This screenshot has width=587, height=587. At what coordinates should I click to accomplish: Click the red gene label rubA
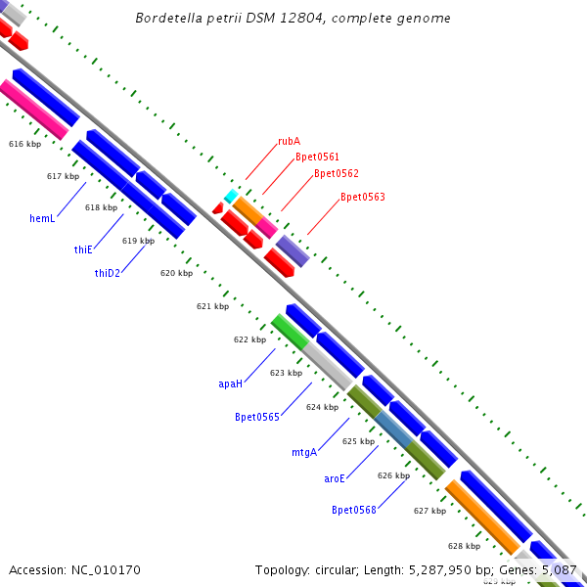(289, 141)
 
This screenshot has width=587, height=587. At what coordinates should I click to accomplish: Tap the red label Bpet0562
(336, 174)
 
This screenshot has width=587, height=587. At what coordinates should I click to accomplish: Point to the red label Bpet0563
(362, 198)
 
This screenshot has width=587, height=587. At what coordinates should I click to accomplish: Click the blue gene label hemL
(42, 218)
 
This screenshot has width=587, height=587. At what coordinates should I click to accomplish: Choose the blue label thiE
(83, 249)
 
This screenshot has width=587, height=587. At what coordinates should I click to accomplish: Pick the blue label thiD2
(108, 273)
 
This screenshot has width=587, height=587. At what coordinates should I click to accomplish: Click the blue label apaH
(230, 384)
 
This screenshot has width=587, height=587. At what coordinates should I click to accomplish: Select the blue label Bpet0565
(257, 417)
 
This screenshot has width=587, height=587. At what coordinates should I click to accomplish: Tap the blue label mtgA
(304, 452)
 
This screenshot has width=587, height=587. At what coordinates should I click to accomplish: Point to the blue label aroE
(335, 478)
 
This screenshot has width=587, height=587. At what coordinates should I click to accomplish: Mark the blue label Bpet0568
(354, 510)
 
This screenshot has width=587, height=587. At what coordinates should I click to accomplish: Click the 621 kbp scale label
(212, 306)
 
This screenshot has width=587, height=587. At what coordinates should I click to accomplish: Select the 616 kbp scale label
(24, 144)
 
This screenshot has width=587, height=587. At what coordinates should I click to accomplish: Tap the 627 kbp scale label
(429, 511)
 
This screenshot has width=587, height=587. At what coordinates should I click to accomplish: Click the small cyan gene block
(231, 197)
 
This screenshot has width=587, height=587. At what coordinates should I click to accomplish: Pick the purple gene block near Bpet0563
(293, 250)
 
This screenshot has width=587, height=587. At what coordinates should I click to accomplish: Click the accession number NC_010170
(74, 569)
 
